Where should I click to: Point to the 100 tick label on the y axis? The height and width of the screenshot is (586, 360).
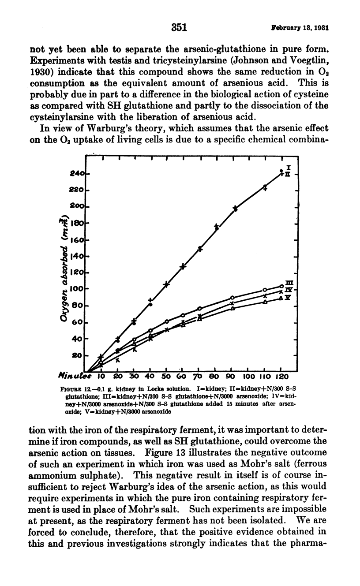pyautogui.click(x=77, y=289)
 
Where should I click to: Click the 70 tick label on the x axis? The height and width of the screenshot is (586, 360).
pyautogui.click(x=198, y=377)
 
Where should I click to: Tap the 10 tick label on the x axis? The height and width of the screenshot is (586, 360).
pyautogui.click(x=101, y=377)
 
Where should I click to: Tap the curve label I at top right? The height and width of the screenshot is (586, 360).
pyautogui.click(x=288, y=168)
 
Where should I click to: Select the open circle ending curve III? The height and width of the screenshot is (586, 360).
pyautogui.click(x=281, y=286)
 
